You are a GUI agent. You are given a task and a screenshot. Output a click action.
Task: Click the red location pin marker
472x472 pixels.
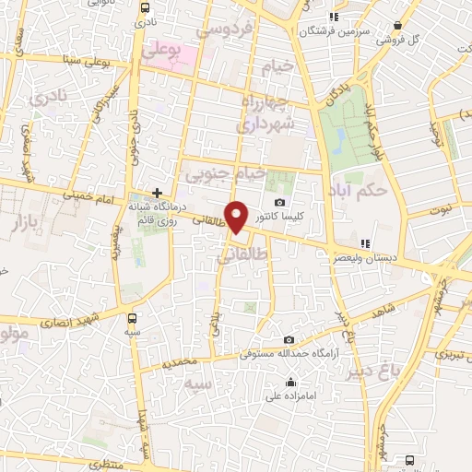(237, 218)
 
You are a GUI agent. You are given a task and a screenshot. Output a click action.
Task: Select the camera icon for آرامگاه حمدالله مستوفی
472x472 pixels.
(289, 340)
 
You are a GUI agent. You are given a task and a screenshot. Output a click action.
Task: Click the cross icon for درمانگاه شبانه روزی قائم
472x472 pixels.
(158, 194)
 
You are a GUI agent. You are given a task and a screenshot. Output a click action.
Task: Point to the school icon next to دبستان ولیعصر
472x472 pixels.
(366, 244)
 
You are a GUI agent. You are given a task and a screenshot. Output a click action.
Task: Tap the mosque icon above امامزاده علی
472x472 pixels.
(291, 383)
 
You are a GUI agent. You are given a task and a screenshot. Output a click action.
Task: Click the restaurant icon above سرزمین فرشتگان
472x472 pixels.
(334, 16)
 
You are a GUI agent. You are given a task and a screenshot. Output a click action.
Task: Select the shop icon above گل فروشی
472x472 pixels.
(396, 26)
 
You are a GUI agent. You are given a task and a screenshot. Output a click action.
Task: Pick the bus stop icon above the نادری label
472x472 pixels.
(143, 7)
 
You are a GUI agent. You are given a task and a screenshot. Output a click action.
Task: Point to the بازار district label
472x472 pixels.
(29, 222)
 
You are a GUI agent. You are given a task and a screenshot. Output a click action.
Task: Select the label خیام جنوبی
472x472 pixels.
(226, 172)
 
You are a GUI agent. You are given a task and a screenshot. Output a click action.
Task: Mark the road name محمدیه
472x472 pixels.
(181, 364)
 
